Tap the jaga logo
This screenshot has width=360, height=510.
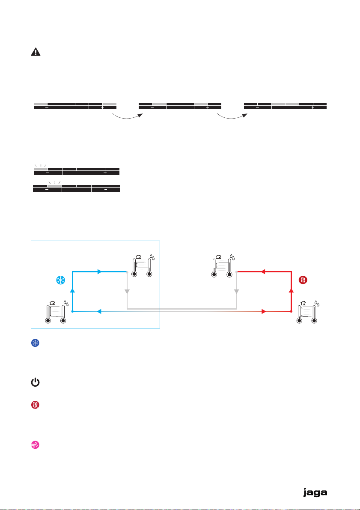315,493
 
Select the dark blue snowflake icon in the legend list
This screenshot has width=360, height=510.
35,344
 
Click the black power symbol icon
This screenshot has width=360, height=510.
35,383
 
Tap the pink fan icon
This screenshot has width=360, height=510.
35,445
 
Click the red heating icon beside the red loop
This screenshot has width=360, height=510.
303,281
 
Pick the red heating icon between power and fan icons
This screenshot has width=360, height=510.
35,405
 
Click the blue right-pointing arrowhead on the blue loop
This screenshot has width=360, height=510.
100,271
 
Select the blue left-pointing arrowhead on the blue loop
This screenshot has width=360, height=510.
100,312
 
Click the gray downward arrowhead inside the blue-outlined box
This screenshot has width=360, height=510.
127,291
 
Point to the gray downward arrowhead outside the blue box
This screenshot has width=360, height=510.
237,291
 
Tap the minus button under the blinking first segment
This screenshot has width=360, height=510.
47,173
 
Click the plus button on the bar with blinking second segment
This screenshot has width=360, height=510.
105,189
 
